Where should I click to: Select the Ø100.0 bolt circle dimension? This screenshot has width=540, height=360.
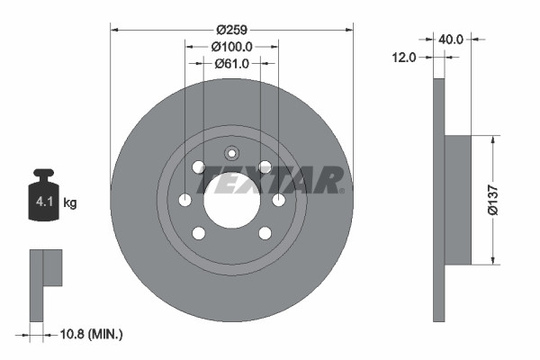click(231, 46)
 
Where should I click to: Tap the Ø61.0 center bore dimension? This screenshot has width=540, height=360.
click(231, 64)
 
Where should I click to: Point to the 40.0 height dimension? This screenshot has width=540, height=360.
click(451, 40)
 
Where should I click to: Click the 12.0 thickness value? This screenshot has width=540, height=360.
click(404, 58)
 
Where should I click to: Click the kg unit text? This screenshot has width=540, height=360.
click(70, 203)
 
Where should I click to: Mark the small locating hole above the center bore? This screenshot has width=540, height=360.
click(231, 152)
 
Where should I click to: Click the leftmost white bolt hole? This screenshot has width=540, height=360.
click(185, 200)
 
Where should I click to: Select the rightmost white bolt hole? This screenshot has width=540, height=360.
click(278, 200)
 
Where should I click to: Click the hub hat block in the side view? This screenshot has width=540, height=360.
click(458, 200)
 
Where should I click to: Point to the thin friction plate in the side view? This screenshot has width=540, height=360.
click(439, 200)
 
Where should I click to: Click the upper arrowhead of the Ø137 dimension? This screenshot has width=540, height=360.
click(492, 140)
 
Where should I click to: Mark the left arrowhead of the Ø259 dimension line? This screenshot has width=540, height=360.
click(114, 30)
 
